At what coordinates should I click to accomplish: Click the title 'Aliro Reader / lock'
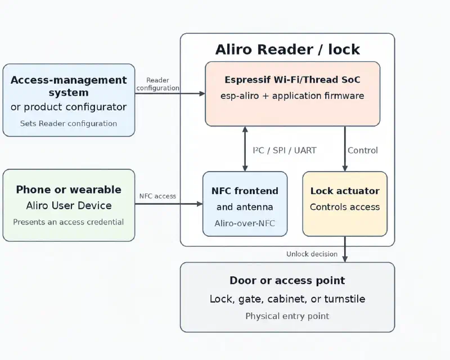tap(287, 49)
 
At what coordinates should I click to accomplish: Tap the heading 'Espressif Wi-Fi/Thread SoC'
tap(292, 79)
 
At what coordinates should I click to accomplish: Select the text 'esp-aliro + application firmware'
tap(292, 96)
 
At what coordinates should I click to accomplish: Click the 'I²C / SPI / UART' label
tap(285, 150)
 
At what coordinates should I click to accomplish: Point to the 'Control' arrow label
tap(363, 150)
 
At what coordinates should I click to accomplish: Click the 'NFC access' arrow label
tap(157, 196)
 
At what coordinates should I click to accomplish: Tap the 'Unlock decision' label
tap(312, 254)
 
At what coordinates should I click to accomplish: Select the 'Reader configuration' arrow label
tap(157, 84)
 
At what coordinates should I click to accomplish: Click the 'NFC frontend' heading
tap(245, 191)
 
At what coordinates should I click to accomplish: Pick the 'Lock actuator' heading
tap(345, 191)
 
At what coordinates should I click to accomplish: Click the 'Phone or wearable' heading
tap(69, 190)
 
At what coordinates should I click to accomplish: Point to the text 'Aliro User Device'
tap(69, 205)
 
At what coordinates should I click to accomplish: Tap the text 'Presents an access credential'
tap(68, 222)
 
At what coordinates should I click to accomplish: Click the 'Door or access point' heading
tap(287, 281)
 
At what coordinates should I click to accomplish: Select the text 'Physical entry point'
tap(287, 316)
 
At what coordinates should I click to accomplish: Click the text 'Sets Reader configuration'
tap(69, 123)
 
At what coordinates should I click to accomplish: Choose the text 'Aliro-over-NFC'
tap(245, 223)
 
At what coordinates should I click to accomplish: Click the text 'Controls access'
tap(345, 207)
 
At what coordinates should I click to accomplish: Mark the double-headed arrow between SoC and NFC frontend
tap(245, 148)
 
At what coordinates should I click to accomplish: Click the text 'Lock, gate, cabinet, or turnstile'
tap(287, 299)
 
